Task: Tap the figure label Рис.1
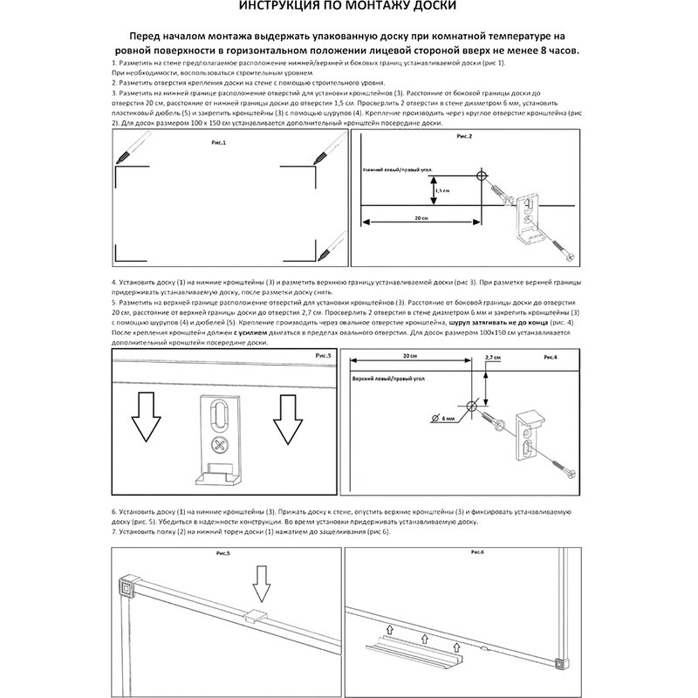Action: [x=219, y=141]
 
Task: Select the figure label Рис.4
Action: [x=551, y=359]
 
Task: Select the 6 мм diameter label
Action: [x=448, y=421]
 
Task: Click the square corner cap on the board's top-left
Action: [x=128, y=585]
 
